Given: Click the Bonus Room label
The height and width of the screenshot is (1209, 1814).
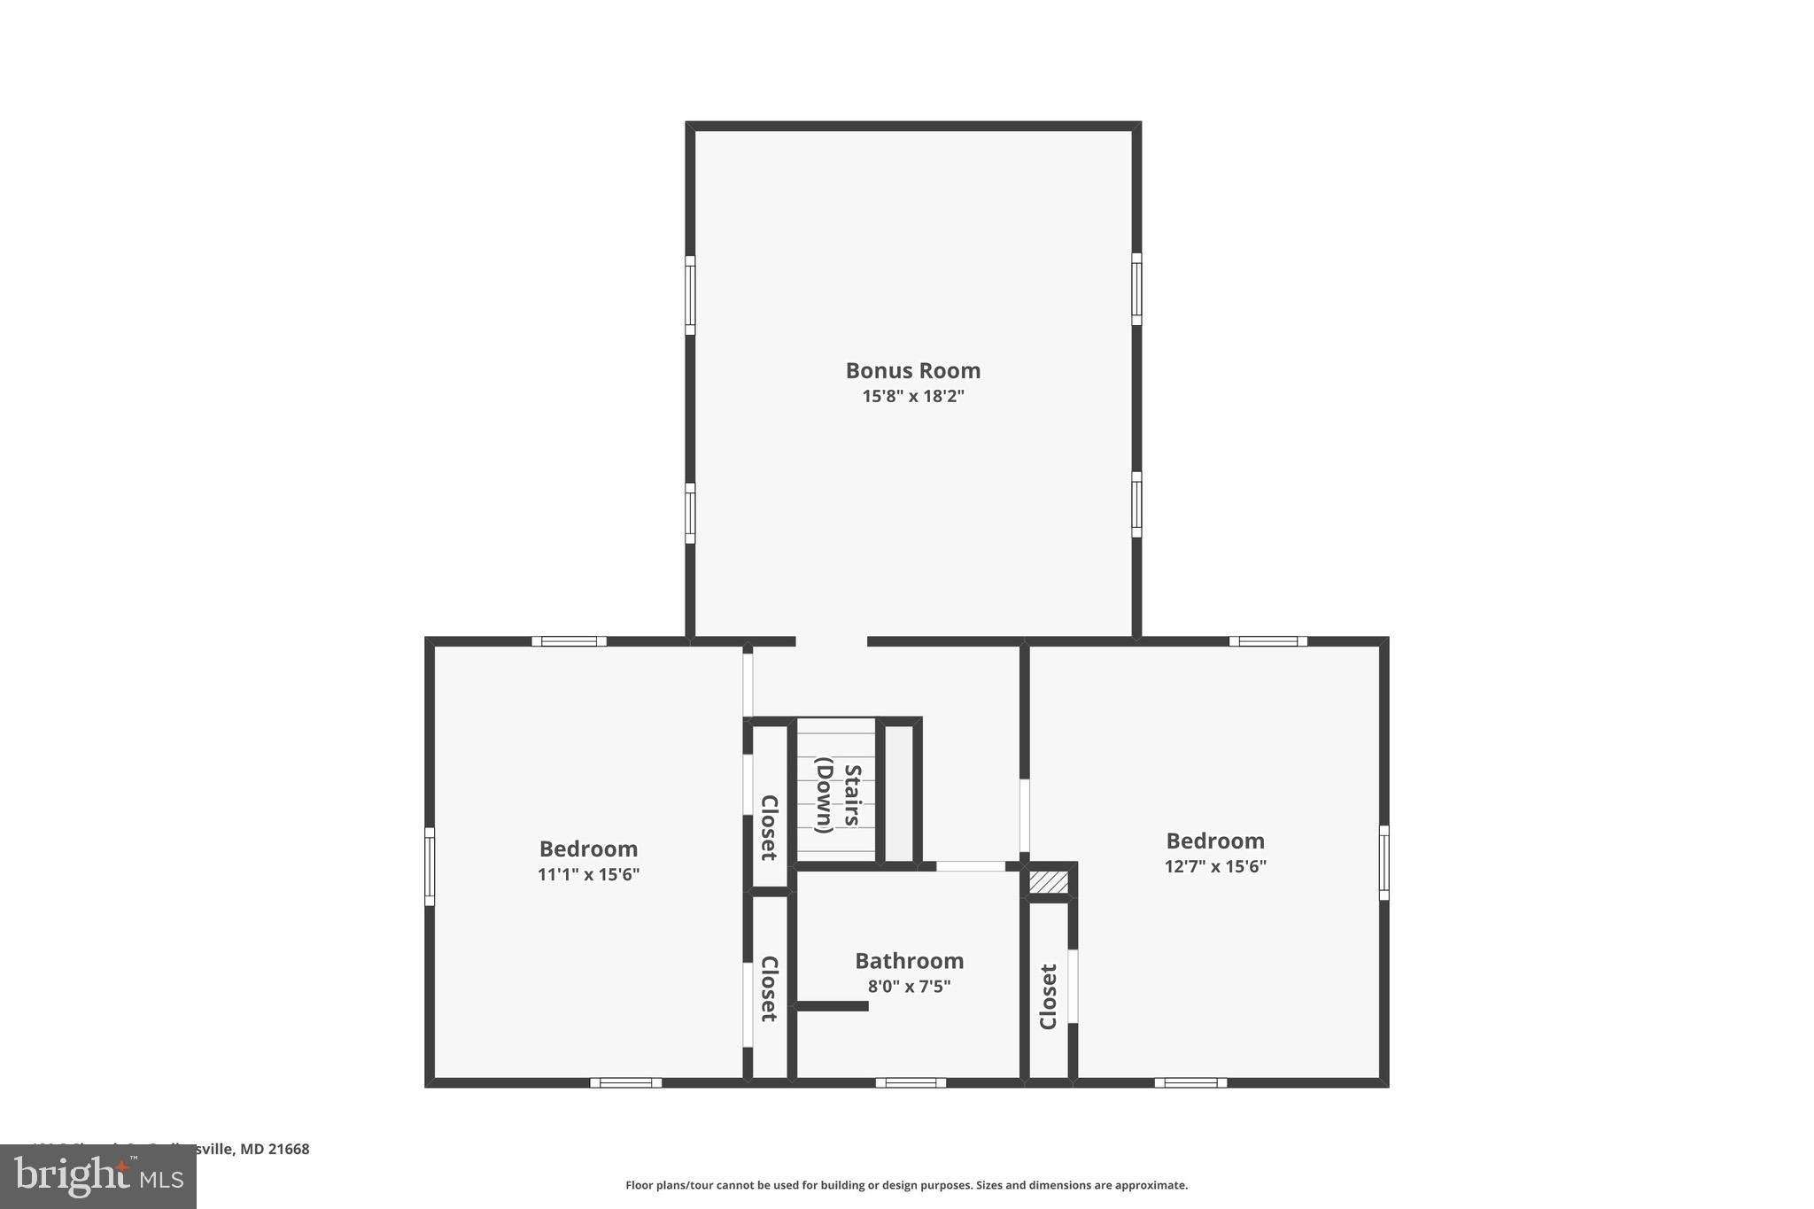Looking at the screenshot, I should [912, 370].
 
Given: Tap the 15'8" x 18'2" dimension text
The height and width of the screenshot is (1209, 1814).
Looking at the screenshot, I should [912, 396].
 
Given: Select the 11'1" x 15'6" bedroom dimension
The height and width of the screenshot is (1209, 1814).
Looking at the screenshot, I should [588, 874].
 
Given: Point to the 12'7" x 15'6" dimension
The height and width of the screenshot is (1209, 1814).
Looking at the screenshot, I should [1215, 866].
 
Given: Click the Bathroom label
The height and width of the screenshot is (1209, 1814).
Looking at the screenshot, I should [909, 960].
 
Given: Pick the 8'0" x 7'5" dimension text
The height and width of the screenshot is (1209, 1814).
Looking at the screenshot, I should [909, 986].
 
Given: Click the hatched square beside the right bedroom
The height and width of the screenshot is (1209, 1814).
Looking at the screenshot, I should [1048, 883].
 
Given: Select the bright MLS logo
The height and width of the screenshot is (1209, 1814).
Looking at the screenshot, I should [98, 1177].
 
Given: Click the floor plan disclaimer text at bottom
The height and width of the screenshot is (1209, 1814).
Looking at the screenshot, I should [906, 1185].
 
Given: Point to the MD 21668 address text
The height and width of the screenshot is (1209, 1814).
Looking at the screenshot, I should [275, 1149].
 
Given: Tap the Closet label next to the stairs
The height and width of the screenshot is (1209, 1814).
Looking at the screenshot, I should [769, 827].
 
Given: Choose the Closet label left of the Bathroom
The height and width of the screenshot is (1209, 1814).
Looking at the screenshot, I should [769, 988].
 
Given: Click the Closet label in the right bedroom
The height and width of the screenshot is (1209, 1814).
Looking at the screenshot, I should [1049, 996].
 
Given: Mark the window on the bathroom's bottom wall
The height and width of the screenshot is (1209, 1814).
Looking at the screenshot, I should [911, 1082].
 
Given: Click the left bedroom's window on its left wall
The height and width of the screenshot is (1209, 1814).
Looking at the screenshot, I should [430, 866].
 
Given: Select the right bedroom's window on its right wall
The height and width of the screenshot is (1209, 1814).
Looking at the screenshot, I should [1384, 863].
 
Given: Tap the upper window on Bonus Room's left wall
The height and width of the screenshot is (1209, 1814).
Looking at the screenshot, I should [690, 295].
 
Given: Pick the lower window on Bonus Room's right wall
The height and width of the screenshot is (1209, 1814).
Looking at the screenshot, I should [1136, 504].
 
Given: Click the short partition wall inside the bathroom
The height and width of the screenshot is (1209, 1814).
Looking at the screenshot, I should [831, 1006].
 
